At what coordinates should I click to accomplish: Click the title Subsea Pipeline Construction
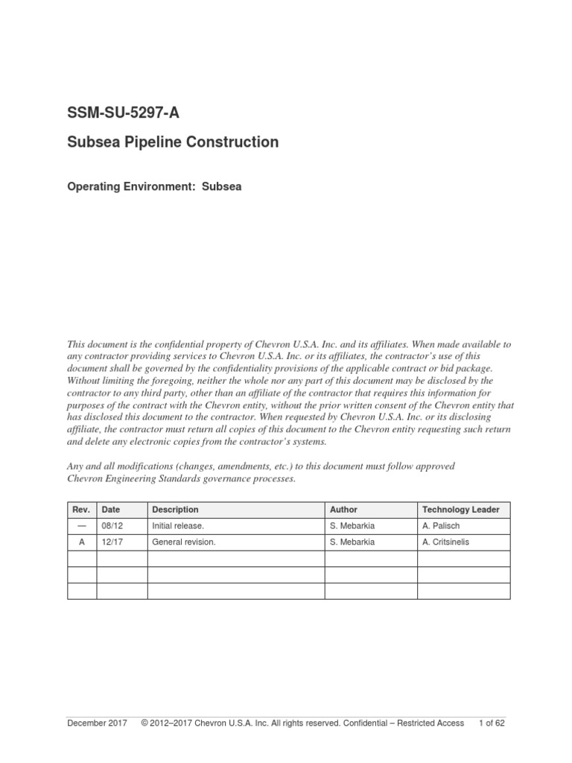(173, 142)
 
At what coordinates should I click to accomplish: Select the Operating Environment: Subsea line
(154, 188)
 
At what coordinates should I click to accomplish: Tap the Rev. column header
(82, 510)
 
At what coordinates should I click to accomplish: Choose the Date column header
(111, 510)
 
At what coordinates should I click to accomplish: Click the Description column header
(175, 510)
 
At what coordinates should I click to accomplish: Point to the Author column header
(343, 510)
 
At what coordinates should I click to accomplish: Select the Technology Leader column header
(461, 510)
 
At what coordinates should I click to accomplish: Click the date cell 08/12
(111, 526)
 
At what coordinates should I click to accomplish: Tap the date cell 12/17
(111, 542)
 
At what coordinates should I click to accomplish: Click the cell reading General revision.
(183, 542)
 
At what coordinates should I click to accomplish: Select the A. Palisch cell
(442, 526)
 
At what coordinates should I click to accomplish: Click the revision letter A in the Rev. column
(82, 542)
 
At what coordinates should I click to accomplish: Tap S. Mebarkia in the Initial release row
(352, 526)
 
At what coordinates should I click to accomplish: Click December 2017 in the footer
(97, 723)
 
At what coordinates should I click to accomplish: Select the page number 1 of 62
(492, 723)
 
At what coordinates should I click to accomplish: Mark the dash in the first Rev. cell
(82, 526)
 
